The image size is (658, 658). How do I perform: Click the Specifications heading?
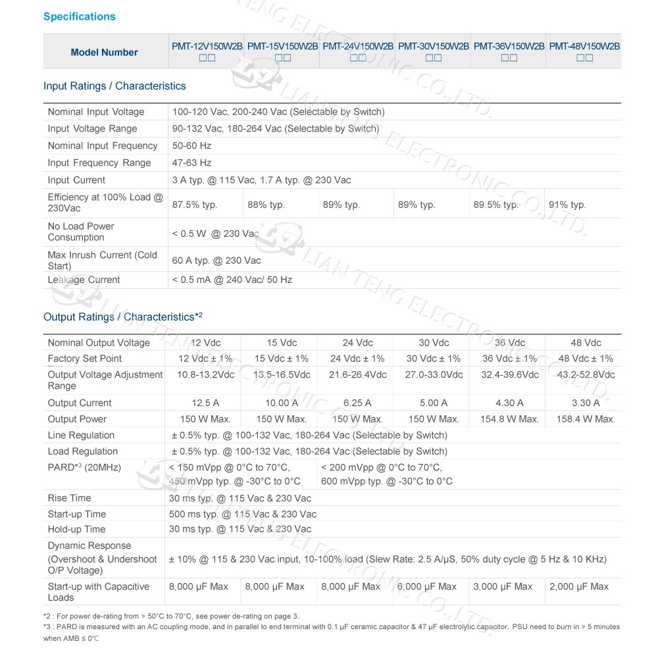click(x=79, y=16)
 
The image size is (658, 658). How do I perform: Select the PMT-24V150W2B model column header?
click(x=358, y=47)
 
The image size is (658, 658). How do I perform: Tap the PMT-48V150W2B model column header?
click(x=584, y=47)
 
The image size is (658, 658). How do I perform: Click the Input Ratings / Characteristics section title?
click(x=114, y=86)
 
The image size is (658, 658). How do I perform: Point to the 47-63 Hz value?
click(x=192, y=163)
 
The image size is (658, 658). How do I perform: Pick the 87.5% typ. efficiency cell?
click(x=195, y=205)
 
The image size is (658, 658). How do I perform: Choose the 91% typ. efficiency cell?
click(x=567, y=205)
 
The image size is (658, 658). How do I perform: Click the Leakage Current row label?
click(x=84, y=280)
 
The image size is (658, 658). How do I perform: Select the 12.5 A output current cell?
click(x=205, y=403)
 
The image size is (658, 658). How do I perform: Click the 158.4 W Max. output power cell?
click(x=585, y=419)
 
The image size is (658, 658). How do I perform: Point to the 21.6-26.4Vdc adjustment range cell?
click(x=357, y=374)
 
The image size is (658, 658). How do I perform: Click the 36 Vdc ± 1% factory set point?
click(x=509, y=359)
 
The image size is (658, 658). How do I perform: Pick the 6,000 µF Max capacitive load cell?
click(x=426, y=586)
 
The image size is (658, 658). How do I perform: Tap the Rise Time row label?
click(x=69, y=498)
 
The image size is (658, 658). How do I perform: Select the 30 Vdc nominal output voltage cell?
click(x=434, y=343)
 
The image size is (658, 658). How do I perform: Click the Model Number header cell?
click(x=105, y=52)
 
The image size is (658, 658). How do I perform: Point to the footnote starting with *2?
click(x=171, y=616)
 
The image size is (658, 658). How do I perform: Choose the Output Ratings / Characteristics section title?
click(x=122, y=317)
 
